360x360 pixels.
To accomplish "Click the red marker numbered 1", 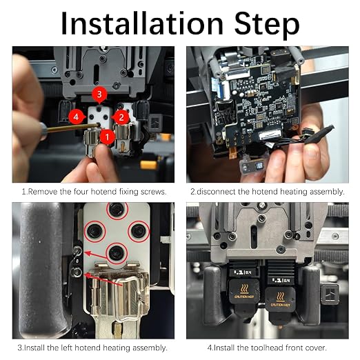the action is (107, 137).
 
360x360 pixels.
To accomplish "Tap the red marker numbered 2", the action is (121, 117).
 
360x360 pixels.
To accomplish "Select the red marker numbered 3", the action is (99, 94).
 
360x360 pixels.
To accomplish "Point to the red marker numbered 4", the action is (76, 117).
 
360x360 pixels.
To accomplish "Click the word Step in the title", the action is (267, 26).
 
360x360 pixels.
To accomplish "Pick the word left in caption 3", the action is (67, 348).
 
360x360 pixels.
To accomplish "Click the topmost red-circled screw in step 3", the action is (117, 210).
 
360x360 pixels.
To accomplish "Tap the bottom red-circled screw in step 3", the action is (117, 253).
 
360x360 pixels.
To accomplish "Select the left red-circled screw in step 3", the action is (94, 231).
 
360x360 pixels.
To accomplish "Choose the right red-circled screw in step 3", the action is (139, 231).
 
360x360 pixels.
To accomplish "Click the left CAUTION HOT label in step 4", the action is (244, 297).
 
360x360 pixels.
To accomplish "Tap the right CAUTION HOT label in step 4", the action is (281, 305).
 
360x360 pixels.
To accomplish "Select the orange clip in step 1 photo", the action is (148, 165).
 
